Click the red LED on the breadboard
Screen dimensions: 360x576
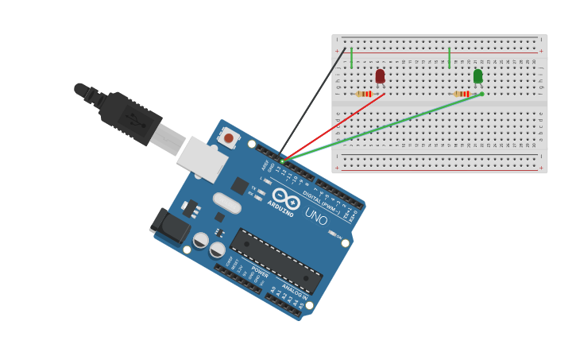pos(380,75)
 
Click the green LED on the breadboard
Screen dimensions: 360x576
pos(477,75)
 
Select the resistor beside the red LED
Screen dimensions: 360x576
pos(364,94)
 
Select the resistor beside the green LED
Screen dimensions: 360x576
pos(462,94)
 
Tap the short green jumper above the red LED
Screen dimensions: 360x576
pos(351,57)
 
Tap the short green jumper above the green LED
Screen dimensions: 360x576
pos(449,57)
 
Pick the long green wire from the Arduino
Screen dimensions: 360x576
pos(381,128)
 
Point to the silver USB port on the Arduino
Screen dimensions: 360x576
pos(202,158)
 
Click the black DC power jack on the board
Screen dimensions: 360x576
pos(170,224)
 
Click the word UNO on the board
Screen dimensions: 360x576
pos(316,216)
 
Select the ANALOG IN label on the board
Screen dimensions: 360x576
pos(295,292)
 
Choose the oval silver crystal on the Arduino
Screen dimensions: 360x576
pos(226,203)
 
